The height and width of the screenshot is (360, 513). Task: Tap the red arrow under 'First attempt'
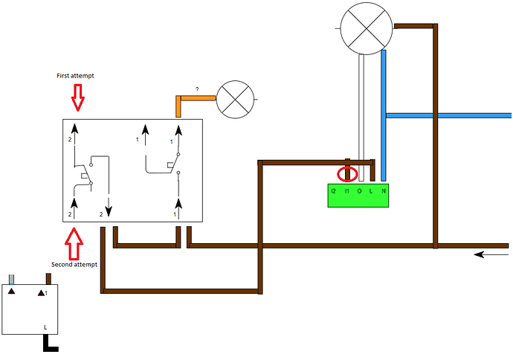point(77,96)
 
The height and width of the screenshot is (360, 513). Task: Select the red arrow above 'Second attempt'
point(73,242)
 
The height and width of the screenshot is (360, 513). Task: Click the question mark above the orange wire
point(197,89)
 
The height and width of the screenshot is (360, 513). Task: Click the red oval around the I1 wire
point(347,174)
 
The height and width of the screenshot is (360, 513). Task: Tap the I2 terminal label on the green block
point(334,192)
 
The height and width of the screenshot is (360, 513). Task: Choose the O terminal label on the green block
point(359,192)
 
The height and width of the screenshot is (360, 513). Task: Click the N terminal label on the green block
point(383,192)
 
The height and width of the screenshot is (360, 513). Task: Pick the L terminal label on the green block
point(371,192)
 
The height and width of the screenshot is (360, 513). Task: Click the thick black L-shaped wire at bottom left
point(50,345)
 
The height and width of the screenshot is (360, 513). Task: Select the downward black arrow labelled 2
point(109,202)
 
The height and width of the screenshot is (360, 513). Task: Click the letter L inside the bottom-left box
point(46,327)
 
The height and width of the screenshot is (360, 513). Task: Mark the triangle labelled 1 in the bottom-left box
point(41,293)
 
